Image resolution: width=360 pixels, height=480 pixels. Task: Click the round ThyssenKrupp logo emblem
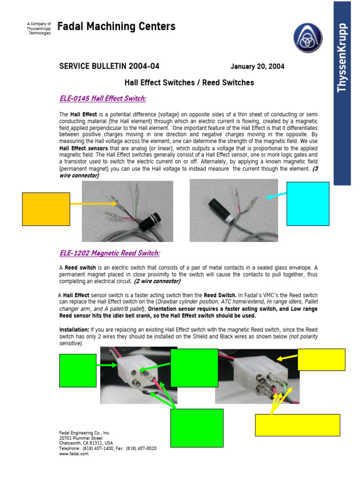pyautogui.click(x=308, y=38)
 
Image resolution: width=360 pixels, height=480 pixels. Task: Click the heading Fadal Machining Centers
pyautogui.click(x=116, y=27)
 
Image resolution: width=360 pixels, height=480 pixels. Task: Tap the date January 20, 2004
pyautogui.click(x=257, y=67)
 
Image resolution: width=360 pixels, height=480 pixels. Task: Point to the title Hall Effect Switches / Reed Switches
pyautogui.click(x=189, y=83)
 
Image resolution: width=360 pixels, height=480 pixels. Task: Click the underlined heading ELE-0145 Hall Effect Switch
pyautogui.click(x=103, y=98)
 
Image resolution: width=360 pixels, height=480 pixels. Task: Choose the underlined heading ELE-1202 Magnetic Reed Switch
pyautogui.click(x=109, y=253)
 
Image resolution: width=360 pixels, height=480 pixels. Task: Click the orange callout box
pyautogui.click(x=46, y=209)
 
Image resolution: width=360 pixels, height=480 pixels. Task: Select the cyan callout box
pyautogui.click(x=307, y=204)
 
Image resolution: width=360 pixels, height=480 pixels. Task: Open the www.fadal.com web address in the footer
pyautogui.click(x=74, y=454)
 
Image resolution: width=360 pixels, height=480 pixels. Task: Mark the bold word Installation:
pyautogui.click(x=74, y=330)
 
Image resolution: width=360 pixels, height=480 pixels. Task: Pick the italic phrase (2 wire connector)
pyautogui.click(x=157, y=282)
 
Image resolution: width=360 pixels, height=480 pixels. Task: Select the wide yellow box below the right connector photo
pyautogui.click(x=297, y=425)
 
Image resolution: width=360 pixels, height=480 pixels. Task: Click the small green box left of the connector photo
pyautogui.click(x=78, y=370)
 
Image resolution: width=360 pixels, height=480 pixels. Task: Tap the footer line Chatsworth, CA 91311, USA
pyautogui.click(x=86, y=443)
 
